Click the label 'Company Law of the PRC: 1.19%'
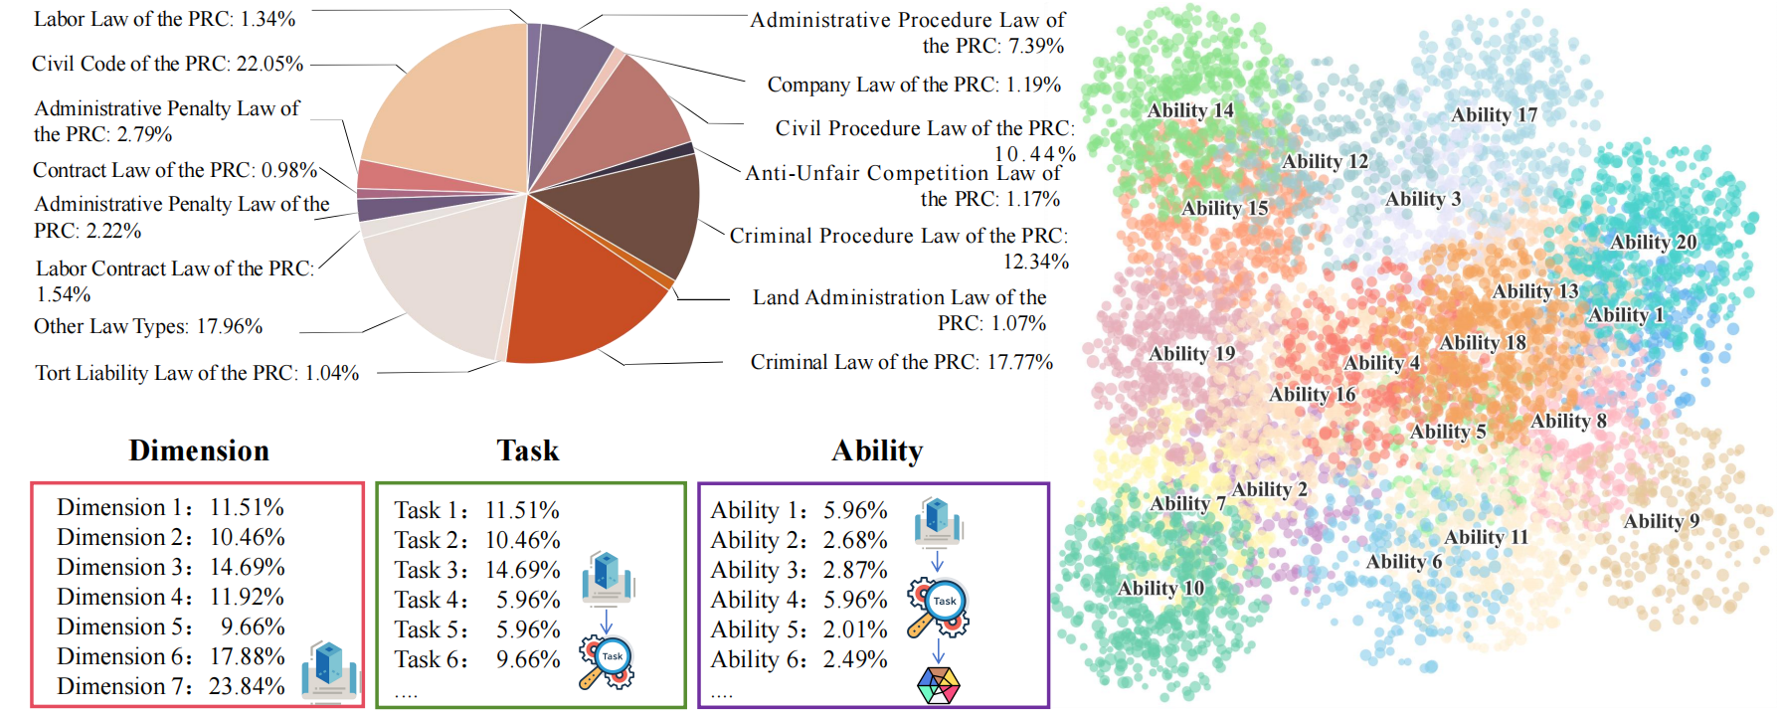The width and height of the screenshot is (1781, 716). pyautogui.click(x=913, y=85)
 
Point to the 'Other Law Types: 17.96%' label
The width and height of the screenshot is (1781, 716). pyautogui.click(x=148, y=326)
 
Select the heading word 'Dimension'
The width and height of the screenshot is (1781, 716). pyautogui.click(x=199, y=450)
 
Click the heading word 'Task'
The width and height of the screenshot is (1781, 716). pyautogui.click(x=528, y=450)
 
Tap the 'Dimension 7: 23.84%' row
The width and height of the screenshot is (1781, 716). pyautogui.click(x=170, y=686)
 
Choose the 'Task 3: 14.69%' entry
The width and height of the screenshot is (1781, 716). pyautogui.click(x=476, y=570)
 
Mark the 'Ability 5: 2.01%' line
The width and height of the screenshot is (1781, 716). pyautogui.click(x=799, y=629)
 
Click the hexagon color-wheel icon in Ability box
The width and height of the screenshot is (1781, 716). pyautogui.click(x=938, y=685)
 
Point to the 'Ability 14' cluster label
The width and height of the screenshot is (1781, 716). pyautogui.click(x=1189, y=110)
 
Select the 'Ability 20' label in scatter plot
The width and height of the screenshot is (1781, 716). pyautogui.click(x=1653, y=242)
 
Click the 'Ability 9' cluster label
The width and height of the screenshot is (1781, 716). pyautogui.click(x=1661, y=521)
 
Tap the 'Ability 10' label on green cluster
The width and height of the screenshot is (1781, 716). pyautogui.click(x=1160, y=588)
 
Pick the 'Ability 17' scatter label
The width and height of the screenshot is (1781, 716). pyautogui.click(x=1494, y=114)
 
